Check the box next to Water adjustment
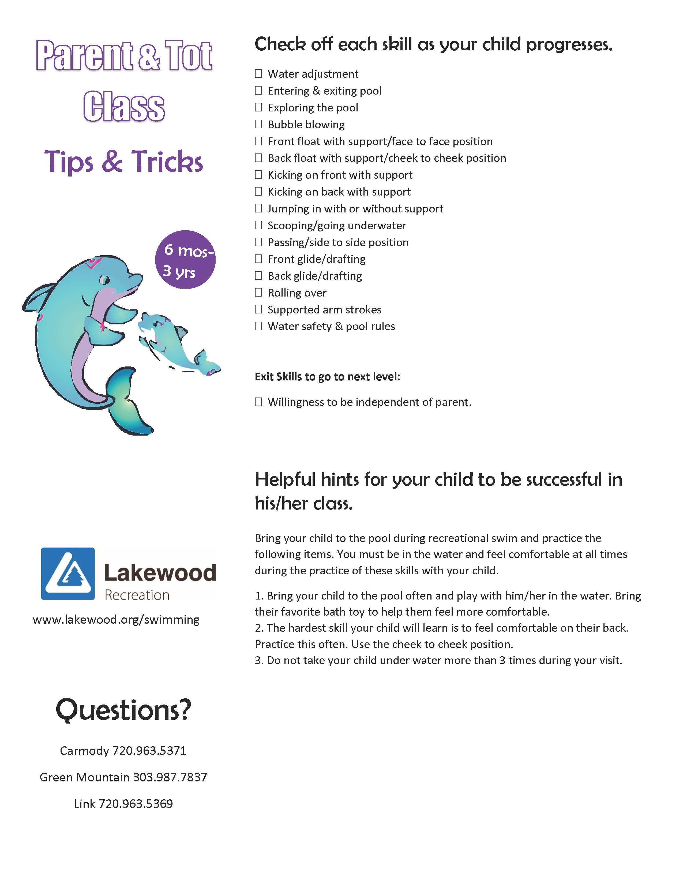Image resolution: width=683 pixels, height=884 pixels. click(x=258, y=74)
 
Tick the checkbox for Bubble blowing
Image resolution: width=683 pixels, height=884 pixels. click(x=258, y=124)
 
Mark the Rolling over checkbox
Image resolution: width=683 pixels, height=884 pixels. click(x=258, y=292)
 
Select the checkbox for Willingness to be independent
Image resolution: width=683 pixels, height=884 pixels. click(x=258, y=402)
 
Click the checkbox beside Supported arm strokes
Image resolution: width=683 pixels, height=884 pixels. click(x=258, y=309)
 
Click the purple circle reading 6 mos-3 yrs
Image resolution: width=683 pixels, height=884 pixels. click(x=185, y=260)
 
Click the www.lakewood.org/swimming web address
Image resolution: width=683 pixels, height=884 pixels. click(x=116, y=620)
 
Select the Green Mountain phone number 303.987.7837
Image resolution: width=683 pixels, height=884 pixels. click(x=170, y=777)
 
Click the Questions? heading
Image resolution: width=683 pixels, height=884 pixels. click(x=123, y=710)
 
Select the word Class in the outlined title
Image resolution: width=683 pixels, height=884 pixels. click(x=124, y=107)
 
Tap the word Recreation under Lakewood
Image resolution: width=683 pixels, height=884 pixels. click(x=137, y=595)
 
